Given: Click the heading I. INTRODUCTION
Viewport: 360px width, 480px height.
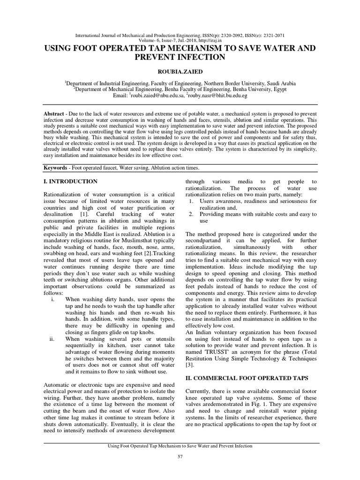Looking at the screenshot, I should pos(70,181).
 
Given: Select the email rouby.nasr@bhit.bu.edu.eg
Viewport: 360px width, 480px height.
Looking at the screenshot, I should pos(218,96).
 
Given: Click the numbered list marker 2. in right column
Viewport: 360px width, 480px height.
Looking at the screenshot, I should pos(191,214).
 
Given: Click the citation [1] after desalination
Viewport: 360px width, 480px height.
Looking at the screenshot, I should pos(78,214).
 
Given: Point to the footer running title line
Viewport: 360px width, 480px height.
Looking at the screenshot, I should pos(180,446).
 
